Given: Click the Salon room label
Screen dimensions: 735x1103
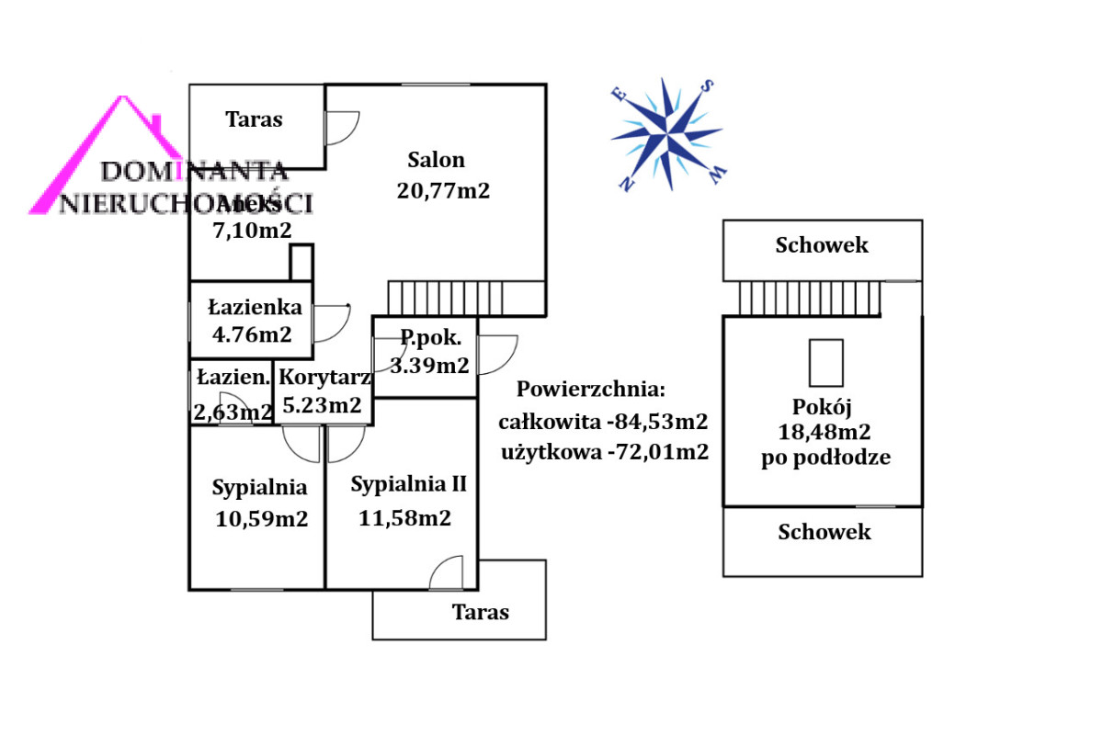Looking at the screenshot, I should tap(436, 160).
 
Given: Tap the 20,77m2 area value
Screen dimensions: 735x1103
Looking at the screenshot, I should tap(443, 191).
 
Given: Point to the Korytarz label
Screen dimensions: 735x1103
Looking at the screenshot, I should tap(324, 377).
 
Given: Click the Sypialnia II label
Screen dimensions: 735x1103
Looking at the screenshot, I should tap(409, 484).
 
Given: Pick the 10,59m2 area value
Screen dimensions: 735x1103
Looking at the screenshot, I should tap(261, 519).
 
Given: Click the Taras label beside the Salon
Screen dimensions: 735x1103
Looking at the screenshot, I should tap(255, 119).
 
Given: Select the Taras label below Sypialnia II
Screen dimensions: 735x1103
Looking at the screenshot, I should tap(480, 612).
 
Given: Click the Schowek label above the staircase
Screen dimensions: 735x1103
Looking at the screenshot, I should tap(822, 245).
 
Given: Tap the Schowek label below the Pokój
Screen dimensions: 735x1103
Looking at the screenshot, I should tap(824, 532).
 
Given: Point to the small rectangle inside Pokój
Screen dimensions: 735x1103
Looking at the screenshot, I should tap(825, 363).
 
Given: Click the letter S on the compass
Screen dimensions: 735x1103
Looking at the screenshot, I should tap(708, 86).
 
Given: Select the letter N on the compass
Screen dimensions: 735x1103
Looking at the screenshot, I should tap(628, 184).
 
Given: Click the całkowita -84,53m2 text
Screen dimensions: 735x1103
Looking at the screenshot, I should tap(603, 423).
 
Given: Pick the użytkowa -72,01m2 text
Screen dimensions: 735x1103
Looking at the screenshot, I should tap(605, 452).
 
